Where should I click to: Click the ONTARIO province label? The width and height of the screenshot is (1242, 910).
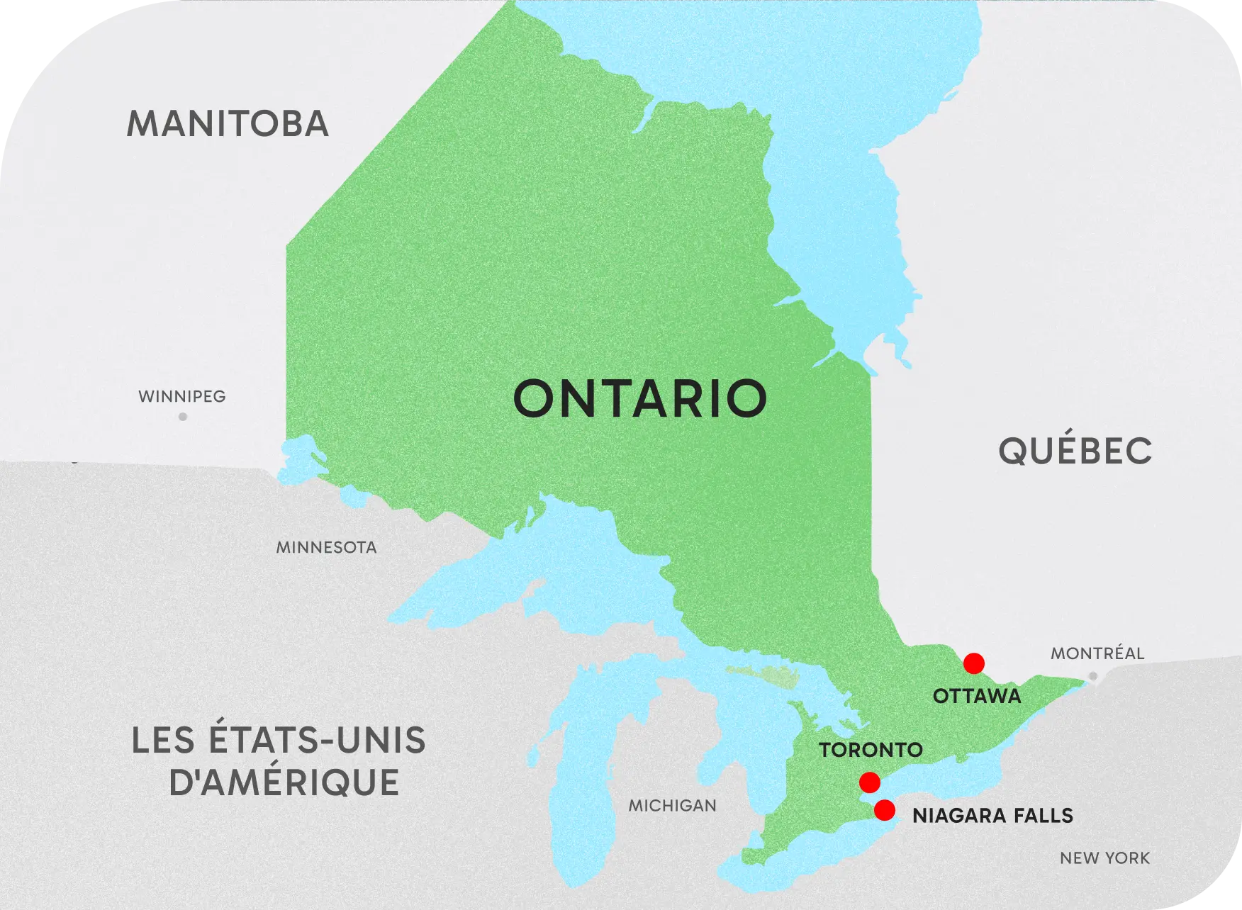coord(639,399)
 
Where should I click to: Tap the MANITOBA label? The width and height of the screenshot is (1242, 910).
coord(228,124)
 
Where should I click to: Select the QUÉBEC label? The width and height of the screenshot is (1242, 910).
coord(1075,451)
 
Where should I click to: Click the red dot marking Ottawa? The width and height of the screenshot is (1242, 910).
coord(973,663)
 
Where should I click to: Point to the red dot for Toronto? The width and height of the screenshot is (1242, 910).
coord(869,782)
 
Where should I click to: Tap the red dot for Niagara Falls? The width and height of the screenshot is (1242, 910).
coord(884,810)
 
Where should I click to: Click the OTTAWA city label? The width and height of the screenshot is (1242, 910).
coord(976,696)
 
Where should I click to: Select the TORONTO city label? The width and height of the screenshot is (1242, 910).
coord(871,750)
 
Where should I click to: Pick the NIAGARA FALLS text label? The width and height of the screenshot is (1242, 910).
coord(992,816)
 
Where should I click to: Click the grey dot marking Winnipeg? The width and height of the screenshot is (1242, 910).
coord(183,417)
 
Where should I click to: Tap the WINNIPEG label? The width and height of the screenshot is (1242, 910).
coord(182,396)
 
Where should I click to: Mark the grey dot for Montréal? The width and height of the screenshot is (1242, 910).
coord(1092,676)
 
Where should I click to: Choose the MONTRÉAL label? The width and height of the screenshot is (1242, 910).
coord(1097,653)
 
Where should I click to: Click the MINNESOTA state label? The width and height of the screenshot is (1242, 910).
coord(326,547)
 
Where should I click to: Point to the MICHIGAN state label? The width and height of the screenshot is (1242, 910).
coord(672,805)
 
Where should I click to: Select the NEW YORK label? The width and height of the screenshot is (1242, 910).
coord(1104,858)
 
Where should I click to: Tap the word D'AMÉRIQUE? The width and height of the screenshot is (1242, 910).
coord(284,782)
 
